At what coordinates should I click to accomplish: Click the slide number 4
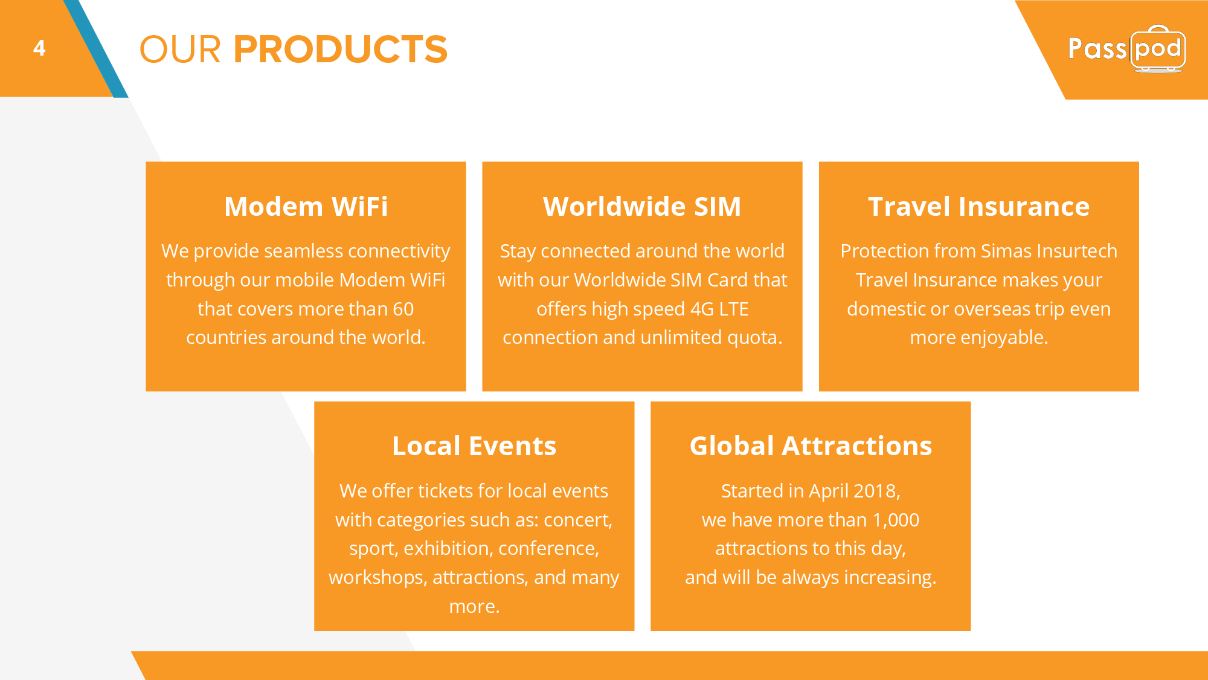(x=39, y=48)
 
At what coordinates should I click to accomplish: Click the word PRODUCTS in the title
(x=341, y=49)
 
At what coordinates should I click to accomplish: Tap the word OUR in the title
(x=180, y=49)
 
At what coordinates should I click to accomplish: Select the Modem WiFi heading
(x=306, y=206)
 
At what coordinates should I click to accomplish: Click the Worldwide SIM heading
(x=642, y=206)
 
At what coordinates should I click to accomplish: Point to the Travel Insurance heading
(x=978, y=206)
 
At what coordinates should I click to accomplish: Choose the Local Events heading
(x=474, y=446)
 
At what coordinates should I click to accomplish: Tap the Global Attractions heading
(x=811, y=446)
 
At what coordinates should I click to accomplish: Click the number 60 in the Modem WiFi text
(x=403, y=309)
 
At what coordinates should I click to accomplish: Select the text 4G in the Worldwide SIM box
(x=702, y=309)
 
